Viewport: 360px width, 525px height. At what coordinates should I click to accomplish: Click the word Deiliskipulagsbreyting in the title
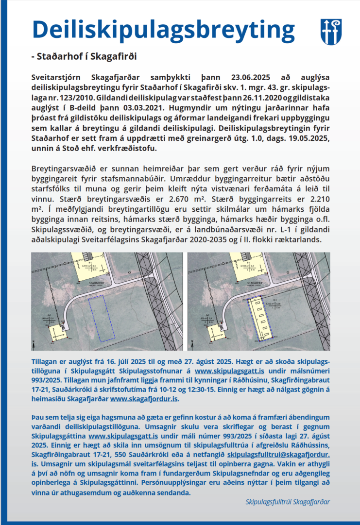pyautogui.click(x=163, y=31)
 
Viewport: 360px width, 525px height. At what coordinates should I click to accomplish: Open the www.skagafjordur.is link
pyautogui.click(x=144, y=399)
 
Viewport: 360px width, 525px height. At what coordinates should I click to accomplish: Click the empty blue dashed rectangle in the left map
pyautogui.click(x=104, y=318)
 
